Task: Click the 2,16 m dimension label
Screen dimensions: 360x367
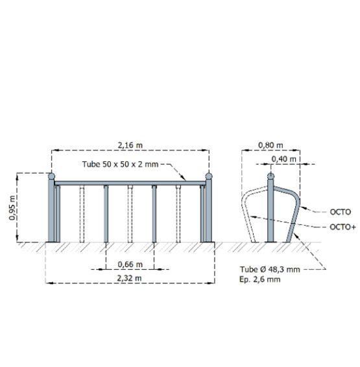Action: click(130, 145)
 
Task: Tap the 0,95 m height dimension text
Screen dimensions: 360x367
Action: click(12, 207)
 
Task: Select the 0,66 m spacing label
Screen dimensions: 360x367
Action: click(130, 265)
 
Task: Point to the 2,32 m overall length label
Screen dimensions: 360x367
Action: click(129, 278)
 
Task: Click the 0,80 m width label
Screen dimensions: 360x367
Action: click(270, 145)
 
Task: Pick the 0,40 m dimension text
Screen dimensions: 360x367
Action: click(283, 159)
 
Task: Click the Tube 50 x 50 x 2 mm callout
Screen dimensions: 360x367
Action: click(120, 164)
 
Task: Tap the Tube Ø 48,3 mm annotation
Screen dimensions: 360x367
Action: click(270, 269)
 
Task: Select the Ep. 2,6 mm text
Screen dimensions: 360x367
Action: click(260, 279)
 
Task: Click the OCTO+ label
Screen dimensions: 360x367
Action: click(342, 227)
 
